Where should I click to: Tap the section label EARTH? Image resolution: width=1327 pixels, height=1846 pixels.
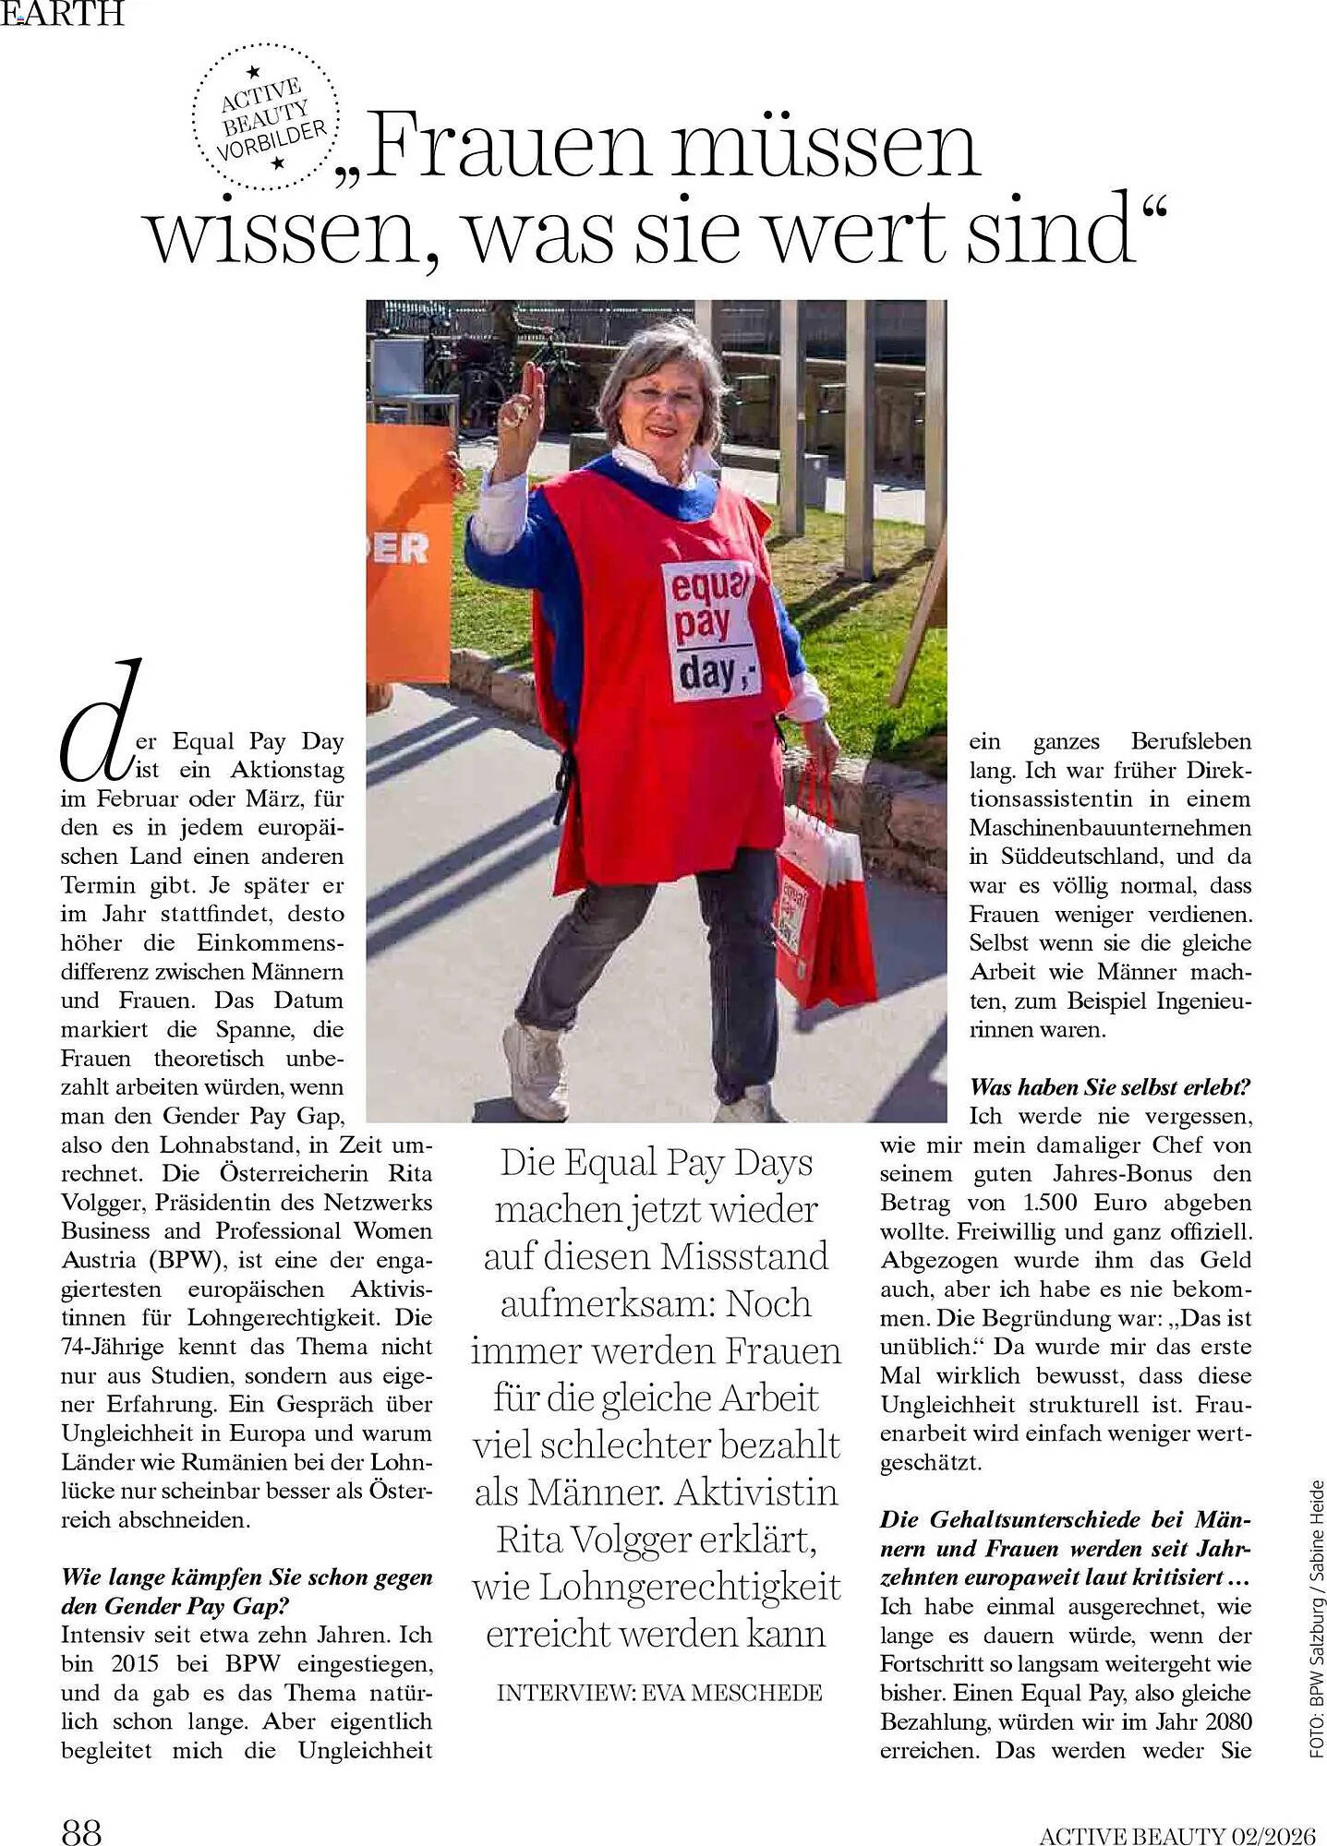pos(62,14)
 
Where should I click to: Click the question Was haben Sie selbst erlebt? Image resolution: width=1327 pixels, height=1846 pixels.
pos(1109,1086)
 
